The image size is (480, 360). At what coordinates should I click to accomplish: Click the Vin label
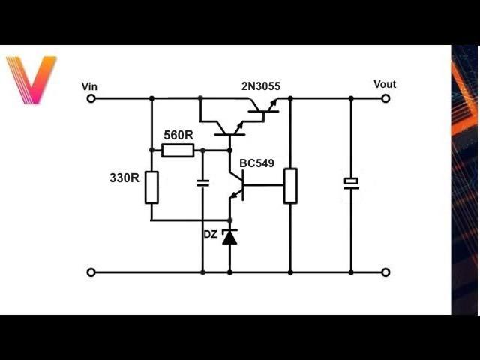(x=89, y=86)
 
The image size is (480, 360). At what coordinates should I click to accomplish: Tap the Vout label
(x=385, y=84)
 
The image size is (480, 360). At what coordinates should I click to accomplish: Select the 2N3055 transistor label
(x=261, y=86)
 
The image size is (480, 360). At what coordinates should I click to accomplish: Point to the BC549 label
(x=256, y=163)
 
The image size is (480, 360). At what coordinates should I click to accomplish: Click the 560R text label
(x=178, y=135)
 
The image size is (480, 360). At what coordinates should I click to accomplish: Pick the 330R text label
(x=124, y=178)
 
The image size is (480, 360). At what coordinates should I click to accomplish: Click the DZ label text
(x=210, y=235)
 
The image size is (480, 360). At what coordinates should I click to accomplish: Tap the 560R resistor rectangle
(x=178, y=150)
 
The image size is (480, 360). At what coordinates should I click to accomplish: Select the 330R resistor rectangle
(x=151, y=187)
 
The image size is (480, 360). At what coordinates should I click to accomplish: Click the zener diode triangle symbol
(x=229, y=237)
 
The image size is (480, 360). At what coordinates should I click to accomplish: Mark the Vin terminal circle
(x=91, y=98)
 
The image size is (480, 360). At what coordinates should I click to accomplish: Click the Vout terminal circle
(x=386, y=98)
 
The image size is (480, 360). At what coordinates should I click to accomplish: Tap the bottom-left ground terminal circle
(x=91, y=271)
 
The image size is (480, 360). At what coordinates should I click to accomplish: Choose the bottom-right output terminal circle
(x=386, y=271)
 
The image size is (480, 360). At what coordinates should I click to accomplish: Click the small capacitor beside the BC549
(x=202, y=183)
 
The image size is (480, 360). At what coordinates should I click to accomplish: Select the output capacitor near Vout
(x=351, y=183)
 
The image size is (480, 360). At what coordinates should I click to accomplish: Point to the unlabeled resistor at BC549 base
(x=290, y=186)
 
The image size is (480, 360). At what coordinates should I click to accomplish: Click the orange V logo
(x=31, y=79)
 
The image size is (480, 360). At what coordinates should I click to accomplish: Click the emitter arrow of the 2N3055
(x=273, y=102)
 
